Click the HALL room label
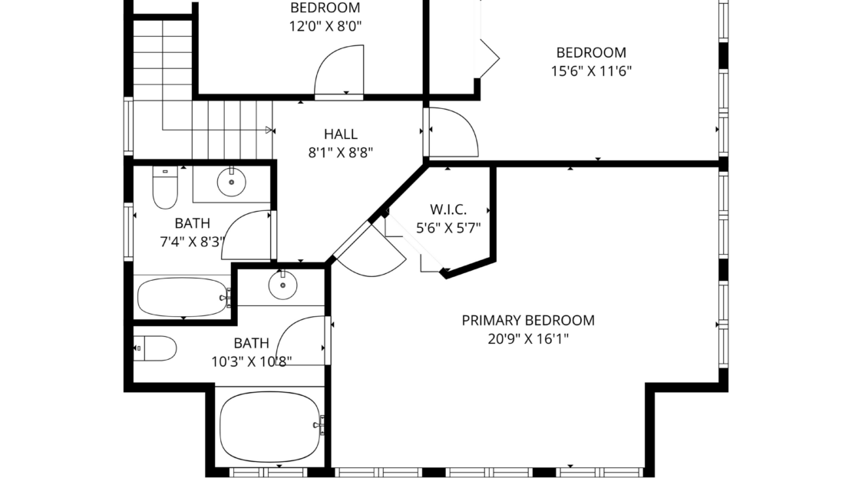[x=341, y=134]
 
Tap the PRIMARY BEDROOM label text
[x=528, y=321]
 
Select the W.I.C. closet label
[x=448, y=209]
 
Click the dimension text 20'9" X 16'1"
[x=528, y=339]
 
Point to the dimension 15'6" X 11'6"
[x=591, y=71]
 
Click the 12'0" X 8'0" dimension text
[x=325, y=26]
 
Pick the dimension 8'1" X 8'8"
[x=341, y=153]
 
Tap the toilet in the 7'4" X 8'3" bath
[x=165, y=187]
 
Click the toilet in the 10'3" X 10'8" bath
[x=155, y=348]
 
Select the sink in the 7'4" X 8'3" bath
[x=232, y=182]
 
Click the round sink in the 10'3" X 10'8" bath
[x=282, y=285]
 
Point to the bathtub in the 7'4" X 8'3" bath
[x=183, y=297]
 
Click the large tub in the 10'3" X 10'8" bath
[x=270, y=427]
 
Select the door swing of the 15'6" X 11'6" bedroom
[x=454, y=132]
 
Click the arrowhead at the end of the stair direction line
[x=269, y=130]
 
